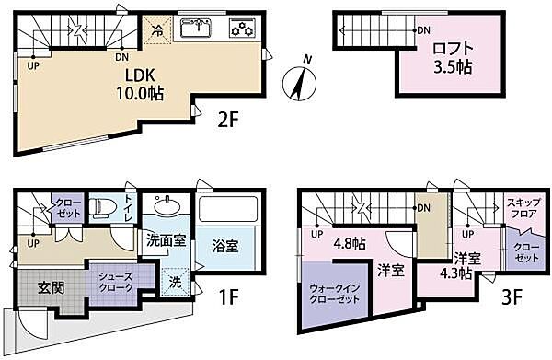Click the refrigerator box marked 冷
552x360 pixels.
pos(157,29)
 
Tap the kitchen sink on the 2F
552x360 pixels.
pos(197,28)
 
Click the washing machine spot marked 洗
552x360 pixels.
pos(175,282)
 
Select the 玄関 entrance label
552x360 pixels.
pos(49,287)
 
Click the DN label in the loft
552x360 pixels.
pos(424,31)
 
